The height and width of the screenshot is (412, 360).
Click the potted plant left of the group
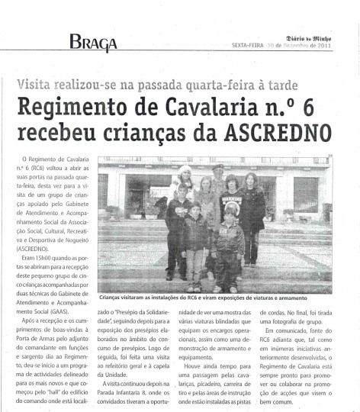[113, 213]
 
